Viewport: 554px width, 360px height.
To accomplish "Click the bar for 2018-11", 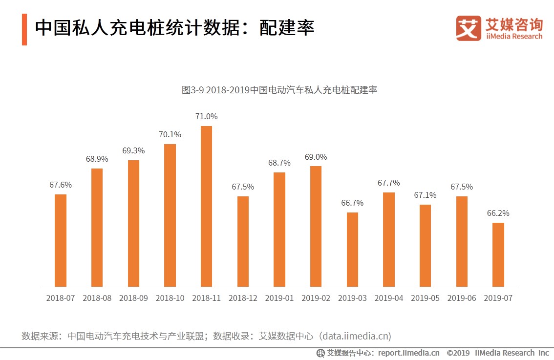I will tap(206, 206).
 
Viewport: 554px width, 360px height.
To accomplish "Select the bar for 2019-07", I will tap(498, 254).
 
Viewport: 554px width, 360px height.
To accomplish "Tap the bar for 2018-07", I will tap(61, 240).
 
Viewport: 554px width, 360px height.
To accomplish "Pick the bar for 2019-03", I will tap(352, 249).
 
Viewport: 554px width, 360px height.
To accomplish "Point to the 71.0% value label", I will tap(206, 116).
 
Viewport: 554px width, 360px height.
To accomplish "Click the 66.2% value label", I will tap(498, 213).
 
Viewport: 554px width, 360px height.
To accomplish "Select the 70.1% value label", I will tap(170, 134).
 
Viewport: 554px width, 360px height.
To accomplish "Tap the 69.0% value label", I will tap(316, 157).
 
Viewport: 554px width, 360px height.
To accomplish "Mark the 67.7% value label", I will tap(388, 183).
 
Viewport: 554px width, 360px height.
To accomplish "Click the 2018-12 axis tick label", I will tap(243, 298).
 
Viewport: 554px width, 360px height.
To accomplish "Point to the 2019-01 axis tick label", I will tap(279, 298).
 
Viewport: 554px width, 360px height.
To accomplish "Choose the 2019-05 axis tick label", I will tap(425, 298).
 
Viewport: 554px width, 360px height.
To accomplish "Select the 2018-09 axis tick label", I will tap(133, 298).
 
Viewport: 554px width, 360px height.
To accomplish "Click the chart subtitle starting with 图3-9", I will tap(279, 90).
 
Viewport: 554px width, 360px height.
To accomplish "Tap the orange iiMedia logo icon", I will tap(469, 28).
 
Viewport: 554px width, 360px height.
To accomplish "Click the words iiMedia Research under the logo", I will tap(514, 37).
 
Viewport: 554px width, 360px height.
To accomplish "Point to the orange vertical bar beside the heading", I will tap(24, 29).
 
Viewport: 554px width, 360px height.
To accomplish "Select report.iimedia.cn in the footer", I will tap(408, 353).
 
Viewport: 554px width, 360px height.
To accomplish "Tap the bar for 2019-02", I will tap(316, 226).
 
